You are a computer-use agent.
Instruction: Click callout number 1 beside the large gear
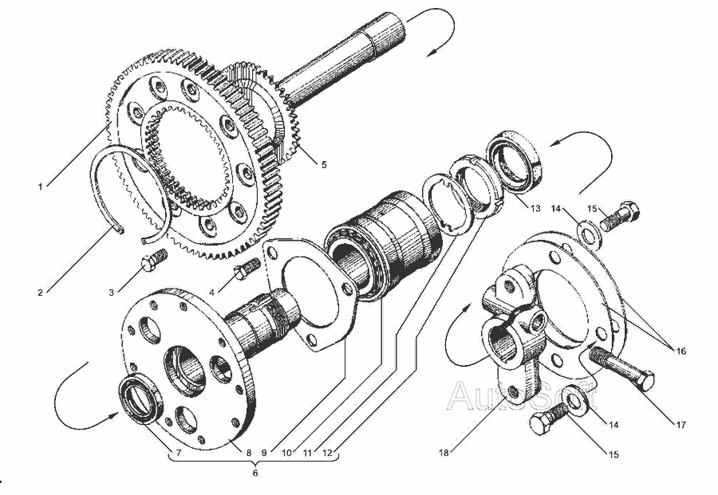[x=41, y=187]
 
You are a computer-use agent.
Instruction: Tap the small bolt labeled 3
[x=154, y=260]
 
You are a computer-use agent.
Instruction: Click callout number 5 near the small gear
[x=324, y=165]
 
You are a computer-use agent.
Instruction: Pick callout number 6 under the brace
[x=255, y=473]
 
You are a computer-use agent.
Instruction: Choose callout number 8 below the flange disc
[x=249, y=453]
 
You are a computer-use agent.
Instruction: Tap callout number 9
[x=264, y=453]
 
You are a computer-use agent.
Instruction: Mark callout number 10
[x=286, y=453]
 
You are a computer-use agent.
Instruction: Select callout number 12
[x=327, y=453]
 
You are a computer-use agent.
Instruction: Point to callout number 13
[x=535, y=209]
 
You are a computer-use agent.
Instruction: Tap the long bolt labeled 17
[x=621, y=369]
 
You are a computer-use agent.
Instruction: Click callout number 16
[x=681, y=352]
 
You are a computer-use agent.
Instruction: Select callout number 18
[x=444, y=453]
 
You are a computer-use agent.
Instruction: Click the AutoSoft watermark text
[x=522, y=396]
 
